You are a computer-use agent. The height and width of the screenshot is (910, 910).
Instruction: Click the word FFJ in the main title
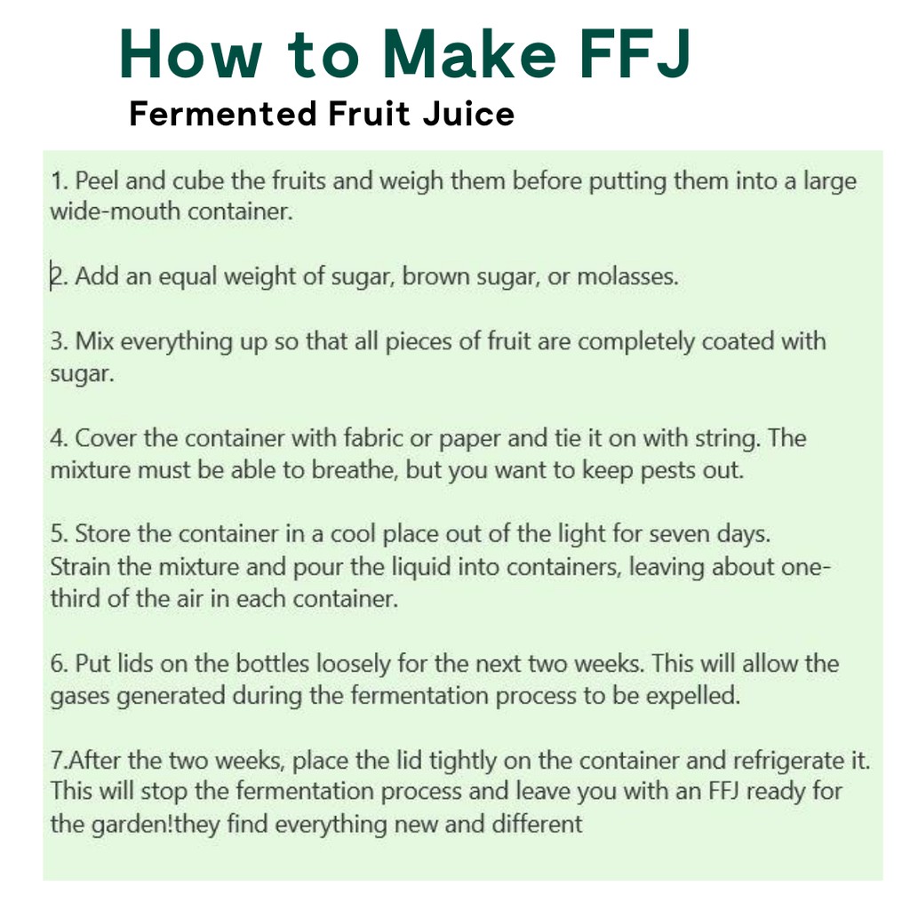(635, 53)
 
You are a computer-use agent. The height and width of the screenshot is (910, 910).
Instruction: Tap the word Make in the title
(469, 53)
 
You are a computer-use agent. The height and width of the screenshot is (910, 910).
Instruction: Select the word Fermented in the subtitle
(223, 113)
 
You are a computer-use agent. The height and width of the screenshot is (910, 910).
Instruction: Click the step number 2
(56, 276)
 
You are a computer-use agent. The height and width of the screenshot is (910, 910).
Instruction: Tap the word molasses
(627, 276)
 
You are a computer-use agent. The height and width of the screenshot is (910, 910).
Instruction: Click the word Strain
(80, 566)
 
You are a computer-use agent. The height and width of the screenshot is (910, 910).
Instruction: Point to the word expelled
(693, 696)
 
